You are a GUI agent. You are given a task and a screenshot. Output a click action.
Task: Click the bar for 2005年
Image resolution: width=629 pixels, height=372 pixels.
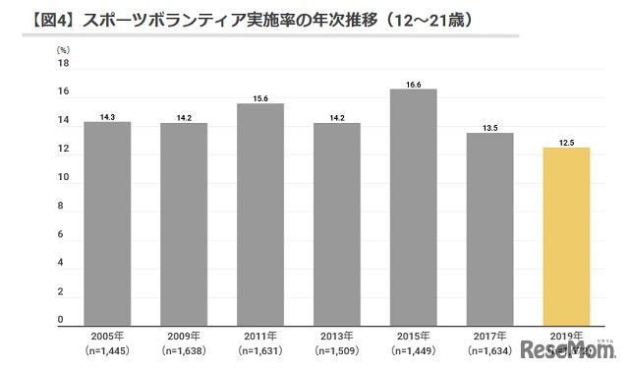[107, 222]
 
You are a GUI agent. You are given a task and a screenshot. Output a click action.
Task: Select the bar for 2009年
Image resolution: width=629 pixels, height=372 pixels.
[184, 223]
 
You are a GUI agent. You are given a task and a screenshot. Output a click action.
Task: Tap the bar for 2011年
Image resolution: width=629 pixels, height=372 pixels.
[260, 214]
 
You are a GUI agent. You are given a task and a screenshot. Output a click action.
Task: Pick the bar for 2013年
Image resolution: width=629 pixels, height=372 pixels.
[337, 223]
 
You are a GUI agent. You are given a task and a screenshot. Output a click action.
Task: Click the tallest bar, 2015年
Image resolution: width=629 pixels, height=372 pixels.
[413, 206]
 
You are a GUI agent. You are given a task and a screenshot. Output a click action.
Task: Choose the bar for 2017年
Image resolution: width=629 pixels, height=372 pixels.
[489, 228]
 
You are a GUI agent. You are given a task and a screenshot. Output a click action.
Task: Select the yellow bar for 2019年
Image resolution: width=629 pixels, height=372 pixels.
[566, 235]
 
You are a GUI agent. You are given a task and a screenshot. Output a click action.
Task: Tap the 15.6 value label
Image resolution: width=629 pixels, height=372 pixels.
[260, 98]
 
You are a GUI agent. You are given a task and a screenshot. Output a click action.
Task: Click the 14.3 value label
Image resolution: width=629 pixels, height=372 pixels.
[107, 117]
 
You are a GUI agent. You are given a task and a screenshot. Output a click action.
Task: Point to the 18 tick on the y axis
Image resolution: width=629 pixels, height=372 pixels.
[63, 64]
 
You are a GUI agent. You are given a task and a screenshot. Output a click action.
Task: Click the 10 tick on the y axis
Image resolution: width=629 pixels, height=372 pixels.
[63, 178]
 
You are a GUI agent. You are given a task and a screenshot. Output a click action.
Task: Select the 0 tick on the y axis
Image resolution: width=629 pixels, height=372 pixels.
[61, 321]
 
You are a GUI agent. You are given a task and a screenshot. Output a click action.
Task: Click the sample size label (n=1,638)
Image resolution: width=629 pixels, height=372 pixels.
[184, 349]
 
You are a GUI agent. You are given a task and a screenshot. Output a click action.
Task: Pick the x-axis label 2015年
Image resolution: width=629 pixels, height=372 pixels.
[413, 335]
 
